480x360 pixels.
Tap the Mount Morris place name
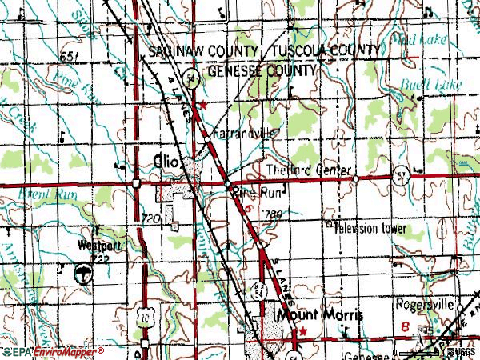tap(319, 315)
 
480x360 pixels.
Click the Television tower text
tap(370, 229)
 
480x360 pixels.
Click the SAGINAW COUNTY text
tap(199, 51)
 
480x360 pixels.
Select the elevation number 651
tap(70, 54)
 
